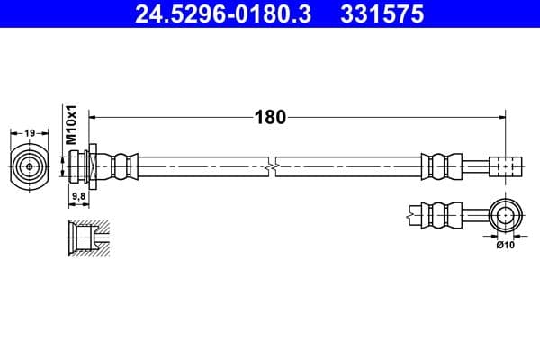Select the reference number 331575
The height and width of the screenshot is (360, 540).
[x=377, y=14]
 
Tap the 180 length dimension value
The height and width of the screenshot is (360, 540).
[x=270, y=117]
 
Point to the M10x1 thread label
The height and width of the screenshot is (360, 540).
[x=73, y=125]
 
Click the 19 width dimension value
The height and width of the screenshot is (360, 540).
[x=30, y=133]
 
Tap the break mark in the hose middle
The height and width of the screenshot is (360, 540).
[x=272, y=166]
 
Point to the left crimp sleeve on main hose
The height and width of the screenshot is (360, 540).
[x=124, y=166]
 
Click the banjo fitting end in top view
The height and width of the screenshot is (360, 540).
[x=506, y=166]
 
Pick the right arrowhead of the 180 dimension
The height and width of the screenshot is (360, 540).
[x=499, y=117]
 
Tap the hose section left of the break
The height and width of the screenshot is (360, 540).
[x=202, y=166]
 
